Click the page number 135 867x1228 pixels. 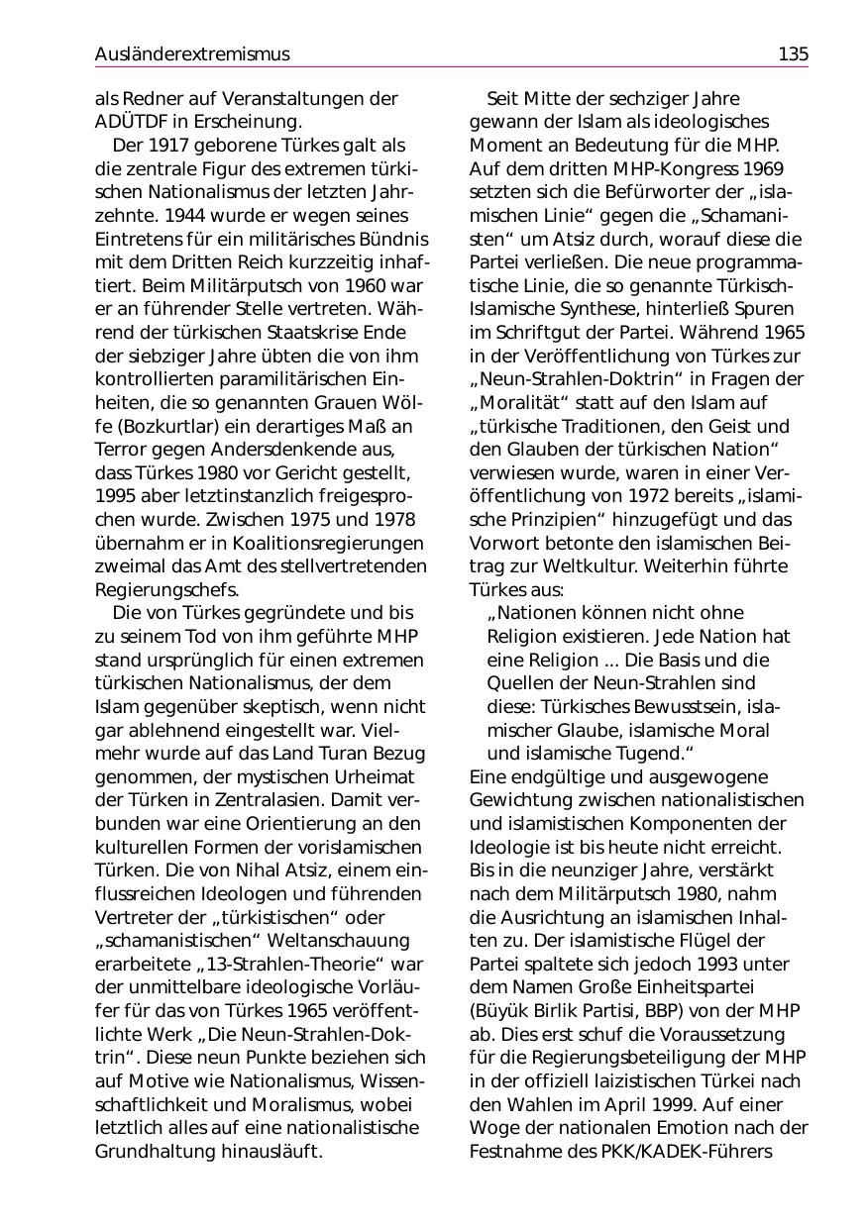coord(793,54)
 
